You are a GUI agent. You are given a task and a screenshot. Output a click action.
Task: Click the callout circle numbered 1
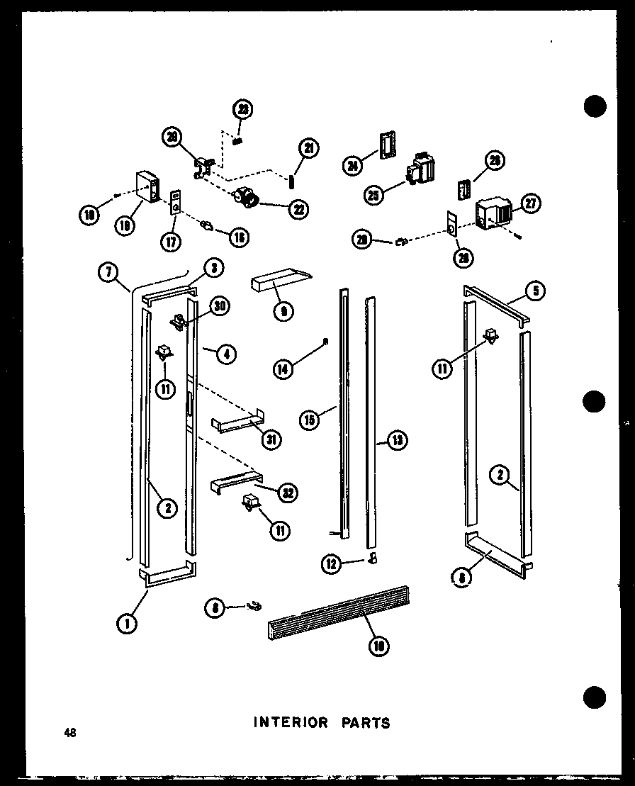[126, 622]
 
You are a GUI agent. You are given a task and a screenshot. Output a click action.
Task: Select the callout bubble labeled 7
[107, 272]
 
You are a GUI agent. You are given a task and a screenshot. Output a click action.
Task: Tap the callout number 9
[283, 311]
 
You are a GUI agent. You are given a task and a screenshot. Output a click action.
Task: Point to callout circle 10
[381, 646]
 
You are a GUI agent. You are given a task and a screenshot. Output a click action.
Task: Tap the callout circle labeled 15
[309, 420]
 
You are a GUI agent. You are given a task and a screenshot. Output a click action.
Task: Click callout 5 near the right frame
[535, 290]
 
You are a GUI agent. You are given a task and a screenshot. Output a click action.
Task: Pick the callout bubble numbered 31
[270, 439]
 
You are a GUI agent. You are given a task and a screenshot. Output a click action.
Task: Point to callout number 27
[529, 204]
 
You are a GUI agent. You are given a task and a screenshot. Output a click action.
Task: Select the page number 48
[69, 733]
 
